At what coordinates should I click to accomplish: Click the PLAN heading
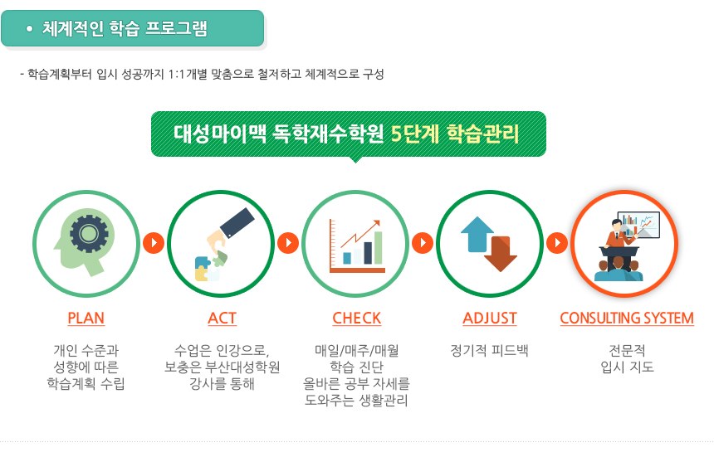coord(86,318)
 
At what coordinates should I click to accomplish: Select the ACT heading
coord(223,318)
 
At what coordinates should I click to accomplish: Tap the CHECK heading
coord(356,318)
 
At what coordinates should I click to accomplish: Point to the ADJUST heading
coord(490,318)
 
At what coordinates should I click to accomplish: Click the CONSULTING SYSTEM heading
coord(627,318)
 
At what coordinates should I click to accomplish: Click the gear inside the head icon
coord(89,234)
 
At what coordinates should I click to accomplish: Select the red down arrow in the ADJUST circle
coord(501,254)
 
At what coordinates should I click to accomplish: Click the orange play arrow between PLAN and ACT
coord(154,243)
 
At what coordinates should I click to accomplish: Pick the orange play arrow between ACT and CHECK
coord(288,243)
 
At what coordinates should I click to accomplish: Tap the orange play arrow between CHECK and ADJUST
coord(423,243)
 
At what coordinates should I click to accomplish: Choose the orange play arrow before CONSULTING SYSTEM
coord(557,243)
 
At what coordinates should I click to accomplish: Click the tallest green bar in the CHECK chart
coord(378,247)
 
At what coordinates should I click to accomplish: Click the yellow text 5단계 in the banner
coord(415,134)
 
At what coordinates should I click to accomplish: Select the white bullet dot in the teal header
coord(30,29)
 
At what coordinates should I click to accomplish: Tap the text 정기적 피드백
coord(489,351)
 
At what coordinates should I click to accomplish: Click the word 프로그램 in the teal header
coord(176,28)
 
